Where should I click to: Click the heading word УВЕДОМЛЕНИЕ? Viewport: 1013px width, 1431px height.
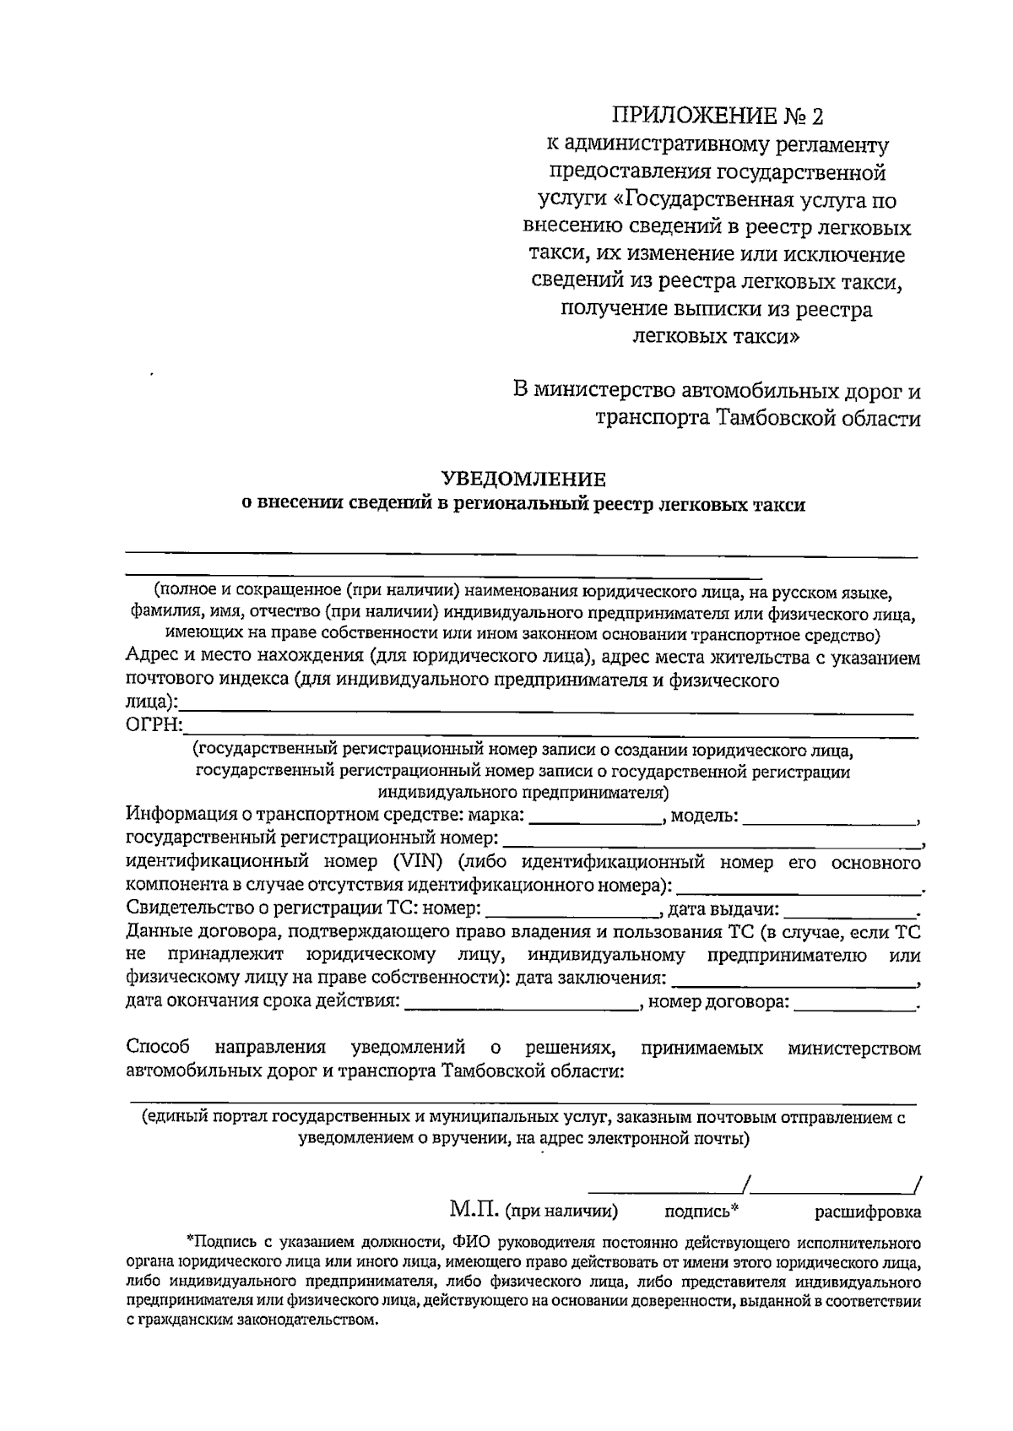[524, 480]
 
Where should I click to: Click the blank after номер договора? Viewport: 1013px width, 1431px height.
[855, 1005]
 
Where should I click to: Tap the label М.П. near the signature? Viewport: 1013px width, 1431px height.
[475, 1210]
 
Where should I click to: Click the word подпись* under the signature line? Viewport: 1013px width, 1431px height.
[702, 1211]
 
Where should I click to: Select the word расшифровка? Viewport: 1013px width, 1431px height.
[867, 1212]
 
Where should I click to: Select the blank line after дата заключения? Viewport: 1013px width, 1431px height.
[797, 983]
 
